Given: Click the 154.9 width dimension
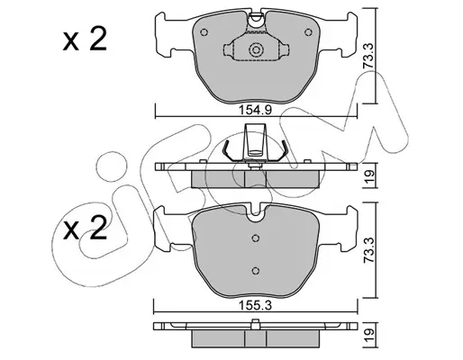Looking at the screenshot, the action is tap(255, 110).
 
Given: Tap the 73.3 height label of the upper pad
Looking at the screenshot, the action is tap(368, 57).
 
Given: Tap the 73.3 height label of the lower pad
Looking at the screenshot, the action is tap(368, 250).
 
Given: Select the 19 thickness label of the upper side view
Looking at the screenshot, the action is tap(369, 175).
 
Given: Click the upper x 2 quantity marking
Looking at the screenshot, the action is tap(85, 39).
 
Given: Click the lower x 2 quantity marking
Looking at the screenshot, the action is tap(85, 229).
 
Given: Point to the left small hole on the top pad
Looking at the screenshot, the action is tap(204, 32).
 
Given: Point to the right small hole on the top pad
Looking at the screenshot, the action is tap(308, 32).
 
